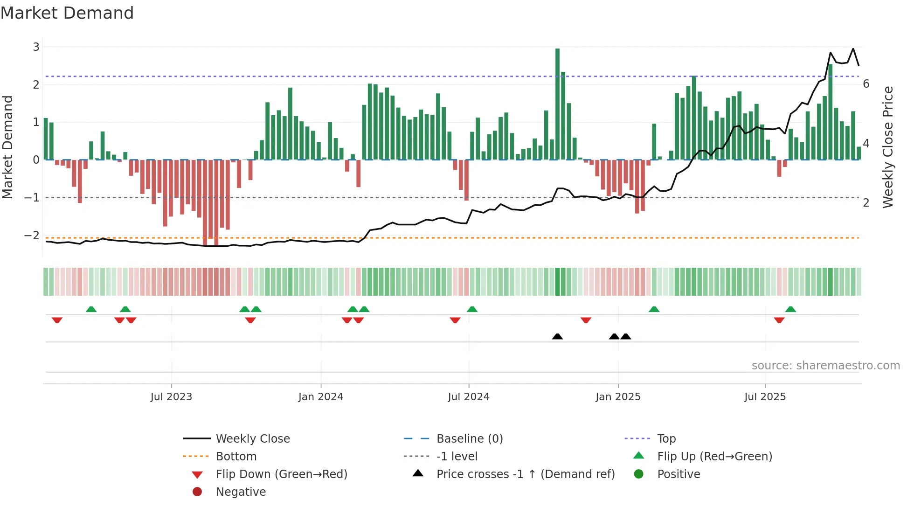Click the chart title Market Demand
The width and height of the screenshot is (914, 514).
tap(67, 13)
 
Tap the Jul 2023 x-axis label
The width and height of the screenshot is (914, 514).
tap(171, 397)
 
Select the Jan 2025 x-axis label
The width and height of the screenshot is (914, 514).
tap(618, 397)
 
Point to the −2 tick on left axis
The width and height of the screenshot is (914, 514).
tap(32, 236)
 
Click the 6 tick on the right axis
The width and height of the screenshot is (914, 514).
tap(866, 84)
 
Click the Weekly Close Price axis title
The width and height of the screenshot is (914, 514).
tap(888, 147)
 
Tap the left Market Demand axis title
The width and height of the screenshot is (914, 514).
tap(8, 147)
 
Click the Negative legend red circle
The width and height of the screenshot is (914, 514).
tap(197, 492)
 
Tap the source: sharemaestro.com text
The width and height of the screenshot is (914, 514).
tap(825, 366)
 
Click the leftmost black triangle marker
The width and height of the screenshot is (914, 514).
tap(557, 336)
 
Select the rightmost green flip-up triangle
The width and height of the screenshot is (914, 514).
tap(790, 309)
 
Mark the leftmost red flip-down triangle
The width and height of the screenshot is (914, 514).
tap(57, 320)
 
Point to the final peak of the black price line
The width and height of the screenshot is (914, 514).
tap(853, 49)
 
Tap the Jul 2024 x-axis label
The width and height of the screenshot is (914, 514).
tap(468, 397)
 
